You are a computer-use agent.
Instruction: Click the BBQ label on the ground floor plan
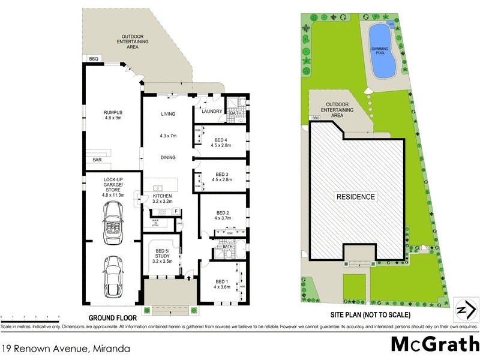pos(93,58)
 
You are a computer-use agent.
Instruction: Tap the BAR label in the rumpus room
pos(97,160)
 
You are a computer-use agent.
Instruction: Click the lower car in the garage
pos(113,275)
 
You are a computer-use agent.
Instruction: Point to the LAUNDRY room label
pos(212,111)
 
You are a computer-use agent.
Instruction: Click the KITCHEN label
pos(162,196)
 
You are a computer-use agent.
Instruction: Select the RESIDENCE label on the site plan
pos(355,196)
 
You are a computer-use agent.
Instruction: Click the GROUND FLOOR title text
pos(113,317)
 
